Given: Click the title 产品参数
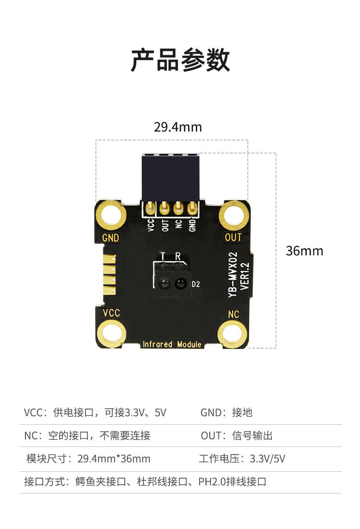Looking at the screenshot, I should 180,60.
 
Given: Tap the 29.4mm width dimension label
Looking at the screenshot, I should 178,127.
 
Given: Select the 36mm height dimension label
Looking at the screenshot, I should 304,251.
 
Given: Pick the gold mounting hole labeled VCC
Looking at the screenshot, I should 111,334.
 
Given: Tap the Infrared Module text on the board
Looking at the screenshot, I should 172,344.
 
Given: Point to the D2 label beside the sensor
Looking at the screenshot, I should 195,284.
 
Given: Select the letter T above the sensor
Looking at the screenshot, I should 163,256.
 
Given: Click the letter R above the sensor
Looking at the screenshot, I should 178,256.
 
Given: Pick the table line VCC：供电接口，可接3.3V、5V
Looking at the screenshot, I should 95,412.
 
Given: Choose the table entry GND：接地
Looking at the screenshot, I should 226,412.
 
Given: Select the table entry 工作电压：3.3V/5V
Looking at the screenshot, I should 242,458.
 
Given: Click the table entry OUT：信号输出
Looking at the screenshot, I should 237,435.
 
